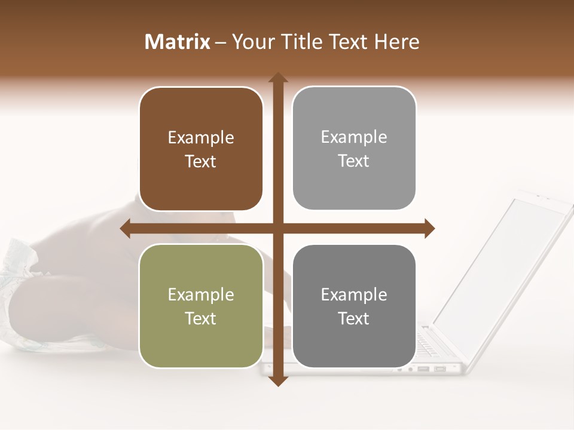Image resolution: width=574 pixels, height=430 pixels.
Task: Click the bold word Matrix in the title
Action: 178,42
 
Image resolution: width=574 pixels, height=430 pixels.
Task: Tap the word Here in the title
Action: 396,42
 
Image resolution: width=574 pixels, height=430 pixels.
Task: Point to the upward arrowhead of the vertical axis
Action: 277,78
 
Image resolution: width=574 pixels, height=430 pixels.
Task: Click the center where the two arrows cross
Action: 277,228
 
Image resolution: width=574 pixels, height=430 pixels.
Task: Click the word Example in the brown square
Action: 201,138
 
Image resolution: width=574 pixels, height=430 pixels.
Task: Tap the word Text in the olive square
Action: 201,318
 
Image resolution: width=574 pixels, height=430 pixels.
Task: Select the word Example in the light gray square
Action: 354,137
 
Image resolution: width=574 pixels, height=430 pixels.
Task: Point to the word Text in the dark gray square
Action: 354,318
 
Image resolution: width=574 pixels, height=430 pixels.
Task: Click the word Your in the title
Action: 253,42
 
